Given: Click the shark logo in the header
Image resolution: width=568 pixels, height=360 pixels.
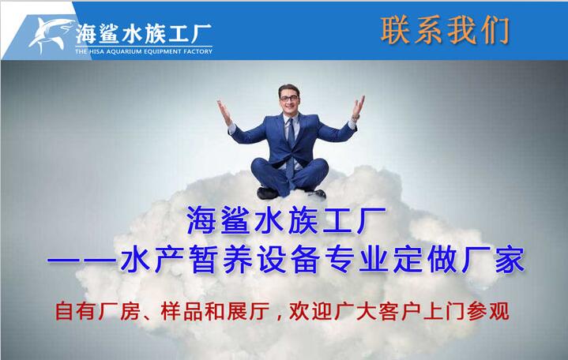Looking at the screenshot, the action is [51, 35].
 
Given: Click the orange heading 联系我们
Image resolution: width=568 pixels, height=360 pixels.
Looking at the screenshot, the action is [446, 31].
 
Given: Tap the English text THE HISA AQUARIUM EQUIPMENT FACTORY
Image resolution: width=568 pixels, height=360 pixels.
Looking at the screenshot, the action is [144, 51].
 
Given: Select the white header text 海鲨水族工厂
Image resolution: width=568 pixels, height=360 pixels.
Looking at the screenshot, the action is [144, 34].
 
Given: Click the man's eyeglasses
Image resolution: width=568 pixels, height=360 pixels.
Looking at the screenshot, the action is [289, 98].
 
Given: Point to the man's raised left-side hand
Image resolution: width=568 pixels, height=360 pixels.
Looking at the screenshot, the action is [224, 112].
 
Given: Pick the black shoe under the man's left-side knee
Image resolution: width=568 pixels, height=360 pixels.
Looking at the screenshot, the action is [267, 193].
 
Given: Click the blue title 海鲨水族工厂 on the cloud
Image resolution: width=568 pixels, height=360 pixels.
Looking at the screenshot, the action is [286, 220].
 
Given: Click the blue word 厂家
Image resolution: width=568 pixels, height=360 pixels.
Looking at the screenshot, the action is [493, 260].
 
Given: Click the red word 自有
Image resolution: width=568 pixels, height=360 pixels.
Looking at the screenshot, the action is [75, 312].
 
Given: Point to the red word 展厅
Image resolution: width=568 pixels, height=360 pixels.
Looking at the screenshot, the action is [249, 312].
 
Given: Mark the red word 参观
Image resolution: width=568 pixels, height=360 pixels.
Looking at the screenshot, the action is [488, 312].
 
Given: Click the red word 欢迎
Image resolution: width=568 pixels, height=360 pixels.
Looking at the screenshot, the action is [310, 312].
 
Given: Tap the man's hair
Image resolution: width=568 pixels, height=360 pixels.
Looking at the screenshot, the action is [288, 89].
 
